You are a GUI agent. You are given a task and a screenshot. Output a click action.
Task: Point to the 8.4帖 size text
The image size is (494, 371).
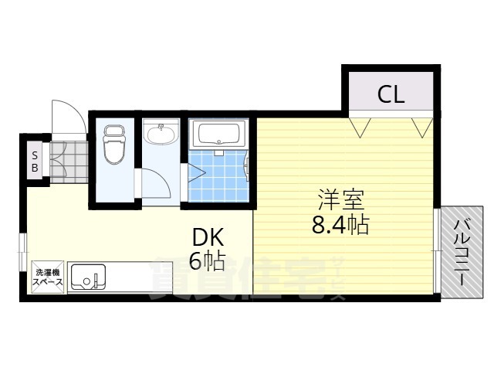tap(339, 225)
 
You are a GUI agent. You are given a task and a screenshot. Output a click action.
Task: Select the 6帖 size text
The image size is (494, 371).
tap(206, 262)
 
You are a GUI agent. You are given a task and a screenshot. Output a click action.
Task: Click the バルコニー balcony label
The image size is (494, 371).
tap(461, 252)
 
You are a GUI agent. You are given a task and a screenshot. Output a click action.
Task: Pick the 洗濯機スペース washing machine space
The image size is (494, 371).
tap(46, 277)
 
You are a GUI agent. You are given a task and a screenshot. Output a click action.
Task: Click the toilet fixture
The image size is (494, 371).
tap(114, 145)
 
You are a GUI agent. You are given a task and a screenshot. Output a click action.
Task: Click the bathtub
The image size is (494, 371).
tap(220, 136)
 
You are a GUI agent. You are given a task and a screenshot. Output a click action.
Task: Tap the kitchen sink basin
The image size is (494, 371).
tap(87, 277)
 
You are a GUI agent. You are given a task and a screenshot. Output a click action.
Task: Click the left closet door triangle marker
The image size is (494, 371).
tap(361, 126)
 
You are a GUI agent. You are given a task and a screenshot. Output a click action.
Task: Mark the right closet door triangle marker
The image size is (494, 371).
tap(421, 126)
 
